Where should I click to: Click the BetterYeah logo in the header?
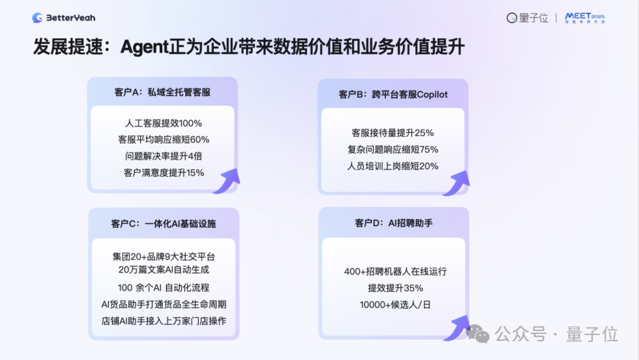pos(63,18)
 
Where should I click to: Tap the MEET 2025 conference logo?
pos(585,18)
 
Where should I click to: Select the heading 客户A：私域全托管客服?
pos(162,92)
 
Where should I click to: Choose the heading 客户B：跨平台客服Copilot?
pos(393,94)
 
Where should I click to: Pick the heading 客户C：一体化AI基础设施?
pos(163,224)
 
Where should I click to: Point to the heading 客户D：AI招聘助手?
pos(393,223)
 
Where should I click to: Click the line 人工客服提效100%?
pos(163,123)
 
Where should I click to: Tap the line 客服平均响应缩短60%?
pos(163,140)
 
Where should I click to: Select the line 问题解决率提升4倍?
pos(163,156)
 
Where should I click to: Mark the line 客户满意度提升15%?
pos(163,173)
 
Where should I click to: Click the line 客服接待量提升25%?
pos(393,133)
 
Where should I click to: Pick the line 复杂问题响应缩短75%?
pos(393,149)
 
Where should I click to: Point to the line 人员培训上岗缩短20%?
pos(393,166)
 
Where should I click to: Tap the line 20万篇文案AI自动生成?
pos(163,269)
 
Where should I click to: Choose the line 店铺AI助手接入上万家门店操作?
pos(163,321)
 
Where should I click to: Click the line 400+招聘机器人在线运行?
pos(395,272)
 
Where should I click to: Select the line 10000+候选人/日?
pos(395,305)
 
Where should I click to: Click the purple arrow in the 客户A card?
pos(227,180)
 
